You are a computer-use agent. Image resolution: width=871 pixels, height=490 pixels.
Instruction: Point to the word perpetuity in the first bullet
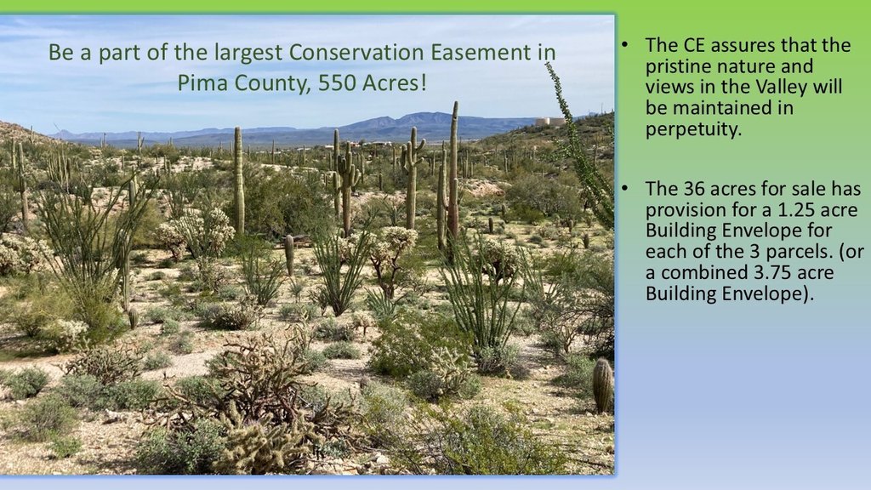coord(693,129)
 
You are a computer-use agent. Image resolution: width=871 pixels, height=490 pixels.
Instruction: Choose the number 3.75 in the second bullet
coord(771,273)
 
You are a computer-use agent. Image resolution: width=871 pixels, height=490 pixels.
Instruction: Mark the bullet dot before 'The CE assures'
coord(625,45)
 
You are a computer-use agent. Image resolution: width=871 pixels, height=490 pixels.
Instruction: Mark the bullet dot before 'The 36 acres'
coord(625,189)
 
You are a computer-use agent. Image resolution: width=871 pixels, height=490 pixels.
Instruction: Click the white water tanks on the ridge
coord(550,121)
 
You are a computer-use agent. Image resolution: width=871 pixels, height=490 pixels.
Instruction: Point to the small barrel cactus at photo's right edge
coord(603,385)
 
